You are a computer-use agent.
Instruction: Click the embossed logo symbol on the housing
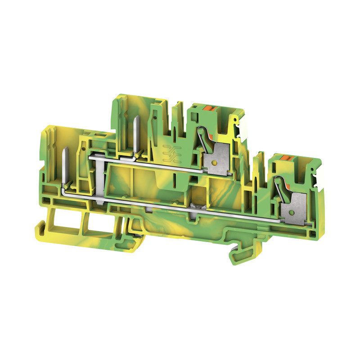[171, 150]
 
